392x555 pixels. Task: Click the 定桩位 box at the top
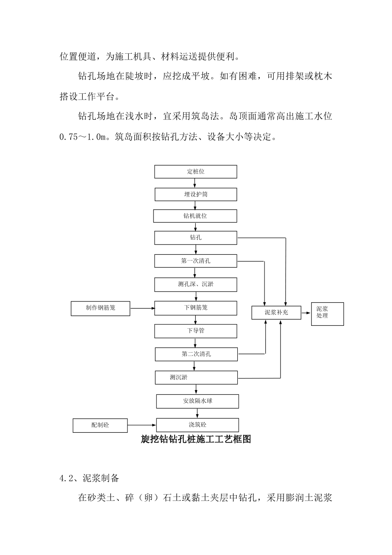pyautogui.click(x=196, y=172)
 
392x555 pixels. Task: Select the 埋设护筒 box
pyautogui.click(x=196, y=194)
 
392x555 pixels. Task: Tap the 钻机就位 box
pyautogui.click(x=195, y=216)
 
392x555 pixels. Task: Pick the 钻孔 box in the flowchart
pyautogui.click(x=196, y=238)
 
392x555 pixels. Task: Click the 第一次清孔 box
pyautogui.click(x=196, y=261)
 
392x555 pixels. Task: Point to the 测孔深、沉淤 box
pyautogui.click(x=196, y=285)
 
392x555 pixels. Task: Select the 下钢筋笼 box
pyautogui.click(x=196, y=308)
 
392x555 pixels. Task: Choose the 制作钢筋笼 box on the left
pyautogui.click(x=101, y=308)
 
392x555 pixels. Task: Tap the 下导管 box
pyautogui.click(x=196, y=331)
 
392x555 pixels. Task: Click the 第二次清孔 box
pyautogui.click(x=196, y=354)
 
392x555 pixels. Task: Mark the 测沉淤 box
pyautogui.click(x=196, y=377)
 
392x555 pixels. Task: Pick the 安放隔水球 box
pyautogui.click(x=197, y=401)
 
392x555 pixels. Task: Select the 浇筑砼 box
pyautogui.click(x=197, y=425)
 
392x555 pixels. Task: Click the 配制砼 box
pyautogui.click(x=100, y=425)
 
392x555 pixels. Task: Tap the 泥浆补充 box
pyautogui.click(x=276, y=313)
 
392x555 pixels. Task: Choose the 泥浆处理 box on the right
pyautogui.click(x=327, y=314)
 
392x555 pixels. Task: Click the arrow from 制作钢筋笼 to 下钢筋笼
pyautogui.click(x=142, y=308)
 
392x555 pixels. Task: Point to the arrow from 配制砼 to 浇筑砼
pyautogui.click(x=142, y=425)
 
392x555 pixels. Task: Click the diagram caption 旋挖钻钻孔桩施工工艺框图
pyautogui.click(x=196, y=439)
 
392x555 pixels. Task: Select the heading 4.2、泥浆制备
pyautogui.click(x=90, y=478)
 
